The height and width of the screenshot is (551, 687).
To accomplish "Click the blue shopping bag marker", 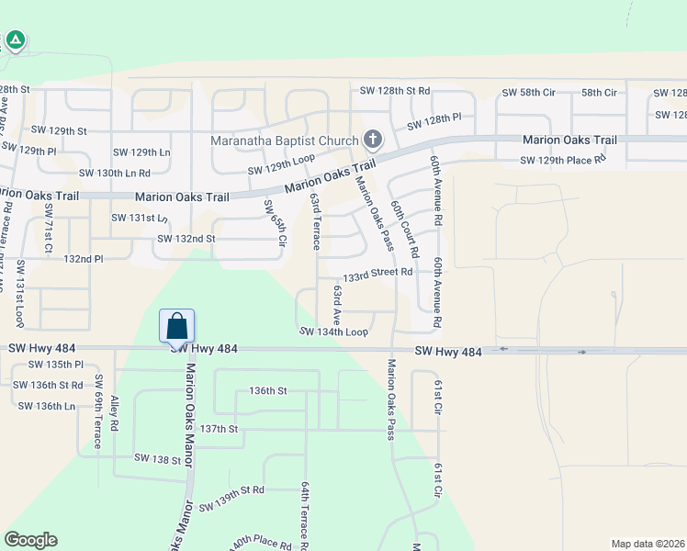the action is tap(176, 326).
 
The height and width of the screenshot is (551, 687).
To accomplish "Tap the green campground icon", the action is tap(16, 39).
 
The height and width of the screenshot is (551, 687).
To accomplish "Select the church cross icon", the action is tap(372, 140).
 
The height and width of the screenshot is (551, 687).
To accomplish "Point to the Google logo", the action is tap(30, 540).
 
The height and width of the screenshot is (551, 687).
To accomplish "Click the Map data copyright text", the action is tap(648, 543).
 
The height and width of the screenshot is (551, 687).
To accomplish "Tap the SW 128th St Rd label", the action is tap(395, 91).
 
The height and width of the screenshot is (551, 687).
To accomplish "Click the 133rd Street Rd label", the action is tap(377, 274).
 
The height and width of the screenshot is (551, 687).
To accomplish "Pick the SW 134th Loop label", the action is tap(333, 332).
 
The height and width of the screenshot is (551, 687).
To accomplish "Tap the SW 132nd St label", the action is tap(186, 239).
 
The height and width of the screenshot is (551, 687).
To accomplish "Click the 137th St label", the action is tap(220, 429).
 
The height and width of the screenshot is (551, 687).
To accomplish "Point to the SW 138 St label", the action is tap(157, 457).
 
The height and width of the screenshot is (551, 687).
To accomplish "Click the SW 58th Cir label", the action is tap(527, 93).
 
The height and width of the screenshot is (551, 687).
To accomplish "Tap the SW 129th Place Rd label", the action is tap(563, 160).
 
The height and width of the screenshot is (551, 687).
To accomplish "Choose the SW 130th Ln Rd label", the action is tap(114, 173).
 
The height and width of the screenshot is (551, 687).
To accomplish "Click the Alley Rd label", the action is tap(114, 414).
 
